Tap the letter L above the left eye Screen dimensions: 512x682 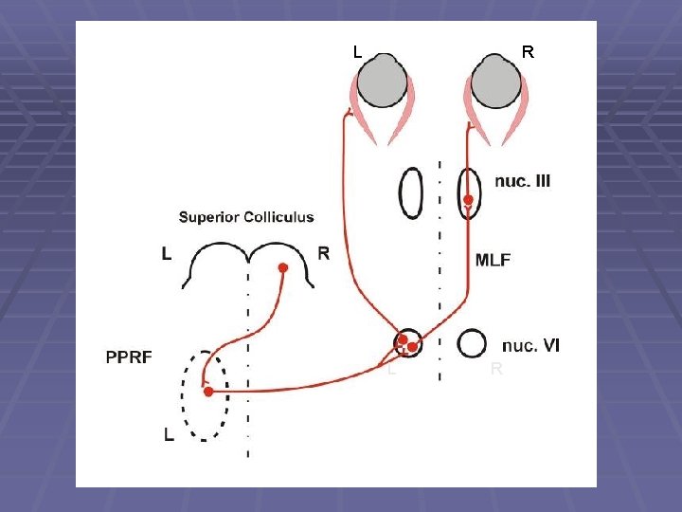(x=357, y=53)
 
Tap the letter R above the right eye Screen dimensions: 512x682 (x=528, y=53)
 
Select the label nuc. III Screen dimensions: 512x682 (x=522, y=181)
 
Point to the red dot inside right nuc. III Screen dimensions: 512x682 (x=469, y=200)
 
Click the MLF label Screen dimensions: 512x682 (x=493, y=260)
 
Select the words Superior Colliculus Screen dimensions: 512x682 (x=246, y=217)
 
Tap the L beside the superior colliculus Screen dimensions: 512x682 (x=167, y=253)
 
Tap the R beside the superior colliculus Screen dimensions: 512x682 (x=324, y=253)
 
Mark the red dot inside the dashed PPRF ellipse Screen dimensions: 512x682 (x=208, y=391)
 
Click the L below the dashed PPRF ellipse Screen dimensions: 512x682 (x=168, y=435)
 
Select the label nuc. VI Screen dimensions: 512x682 (x=530, y=345)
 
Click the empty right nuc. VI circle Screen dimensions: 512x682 (x=471, y=343)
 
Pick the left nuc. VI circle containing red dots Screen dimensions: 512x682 (x=407, y=343)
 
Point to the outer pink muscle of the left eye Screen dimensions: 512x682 (x=358, y=109)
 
